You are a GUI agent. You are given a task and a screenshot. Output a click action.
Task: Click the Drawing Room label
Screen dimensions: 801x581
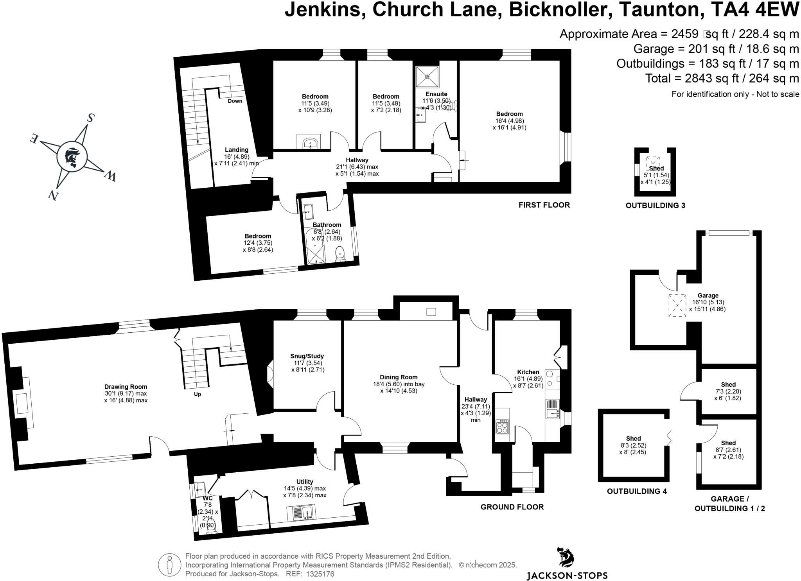pos(126,387)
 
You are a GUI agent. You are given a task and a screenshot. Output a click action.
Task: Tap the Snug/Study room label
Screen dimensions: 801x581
pos(307,356)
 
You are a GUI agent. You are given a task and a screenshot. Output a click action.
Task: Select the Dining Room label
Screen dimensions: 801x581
pos(398,377)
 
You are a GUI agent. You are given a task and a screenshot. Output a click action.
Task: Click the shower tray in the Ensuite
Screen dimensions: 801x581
pos(427,76)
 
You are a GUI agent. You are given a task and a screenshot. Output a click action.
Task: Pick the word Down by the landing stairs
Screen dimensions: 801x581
pos(235,101)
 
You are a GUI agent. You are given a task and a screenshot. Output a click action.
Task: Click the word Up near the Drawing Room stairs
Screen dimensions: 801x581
pos(198,394)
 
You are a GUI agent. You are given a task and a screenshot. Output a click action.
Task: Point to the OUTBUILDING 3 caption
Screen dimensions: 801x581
pos(655,205)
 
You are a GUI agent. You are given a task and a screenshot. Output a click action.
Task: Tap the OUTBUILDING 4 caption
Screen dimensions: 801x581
pos(637,491)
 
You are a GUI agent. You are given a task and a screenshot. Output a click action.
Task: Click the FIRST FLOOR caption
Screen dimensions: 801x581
pos(544,205)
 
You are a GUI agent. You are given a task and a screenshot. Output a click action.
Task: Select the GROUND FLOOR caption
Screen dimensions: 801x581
pos(512,507)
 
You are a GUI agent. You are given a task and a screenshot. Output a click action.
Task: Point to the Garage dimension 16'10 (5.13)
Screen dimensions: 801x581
pos(708,302)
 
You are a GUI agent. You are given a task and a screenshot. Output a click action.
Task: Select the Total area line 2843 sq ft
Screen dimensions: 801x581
pos(722,79)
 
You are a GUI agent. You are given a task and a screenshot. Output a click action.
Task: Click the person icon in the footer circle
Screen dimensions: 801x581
pos(169,565)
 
